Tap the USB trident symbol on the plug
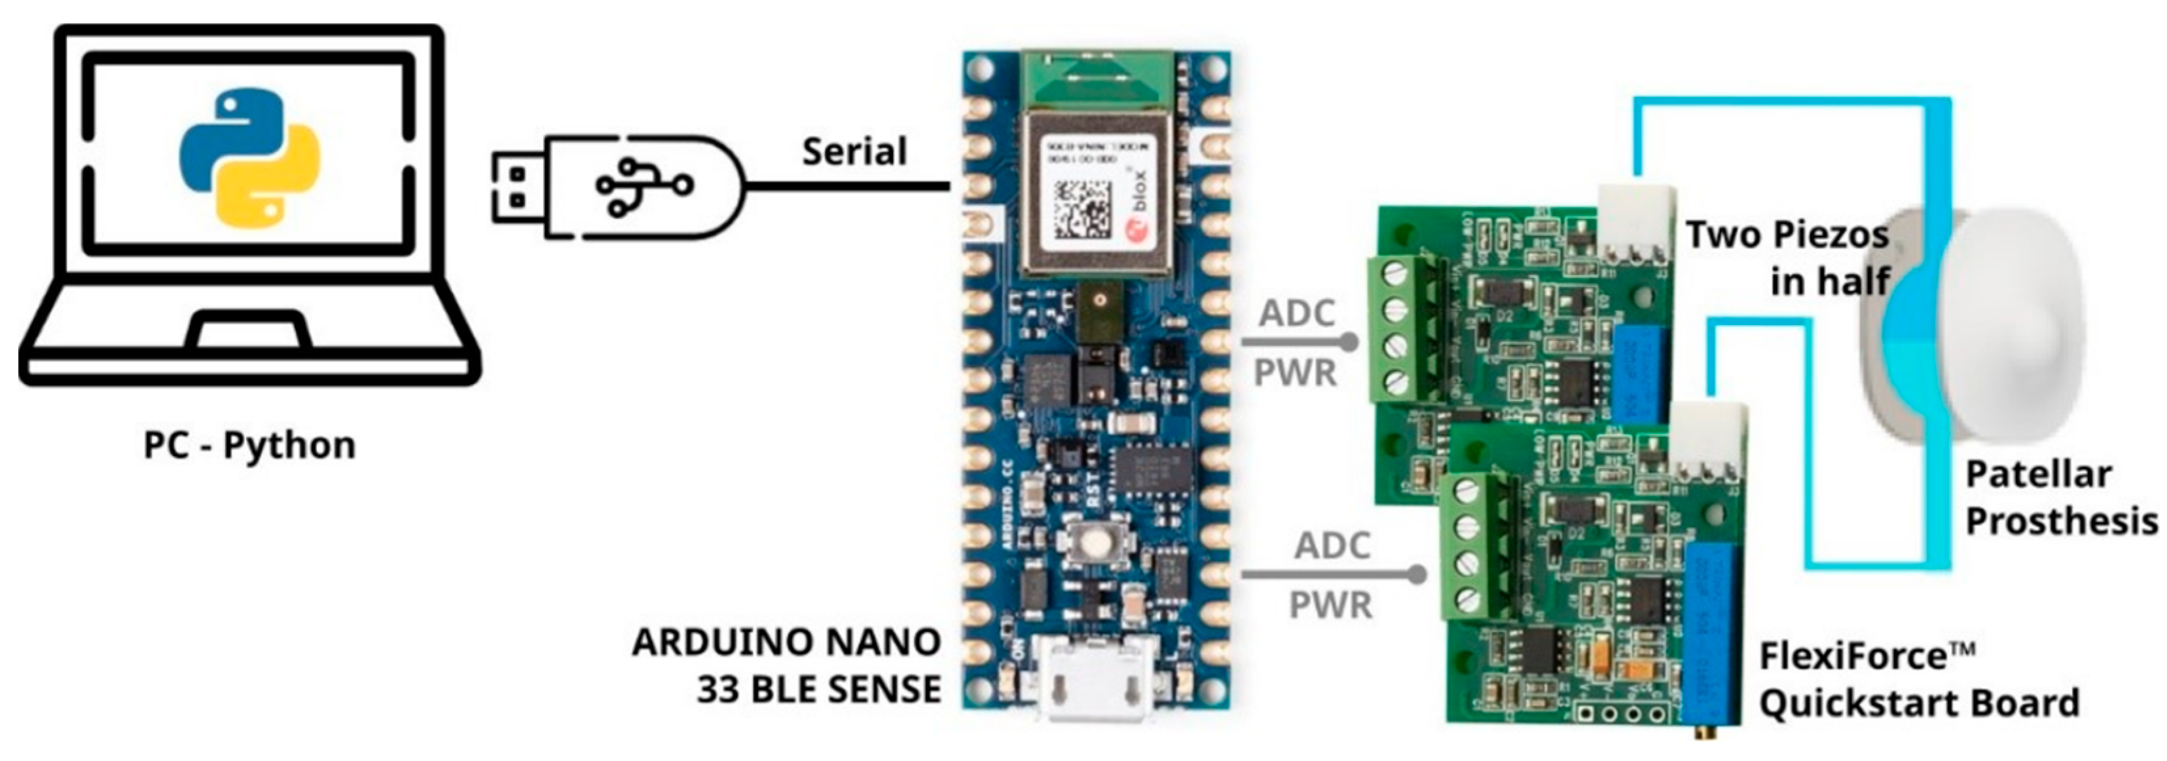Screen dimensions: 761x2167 pos(644,185)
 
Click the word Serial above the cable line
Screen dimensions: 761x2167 pos(854,152)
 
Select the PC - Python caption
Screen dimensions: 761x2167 pos(250,445)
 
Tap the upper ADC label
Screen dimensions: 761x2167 pos(1296,314)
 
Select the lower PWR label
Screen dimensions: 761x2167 pos(1331,605)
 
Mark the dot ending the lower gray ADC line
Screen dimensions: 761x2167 pos(1417,575)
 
